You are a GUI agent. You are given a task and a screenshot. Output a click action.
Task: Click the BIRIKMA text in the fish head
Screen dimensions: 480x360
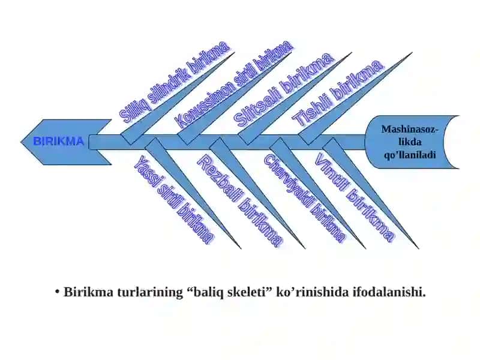58,142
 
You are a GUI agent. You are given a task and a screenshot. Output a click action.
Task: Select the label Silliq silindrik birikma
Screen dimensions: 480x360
174,82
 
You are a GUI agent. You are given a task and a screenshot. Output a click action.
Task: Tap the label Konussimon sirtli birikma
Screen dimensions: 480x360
235,84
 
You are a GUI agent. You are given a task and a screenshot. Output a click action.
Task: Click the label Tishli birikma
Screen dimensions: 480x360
337,93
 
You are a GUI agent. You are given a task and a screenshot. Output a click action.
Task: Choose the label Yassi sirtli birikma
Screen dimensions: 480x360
174,200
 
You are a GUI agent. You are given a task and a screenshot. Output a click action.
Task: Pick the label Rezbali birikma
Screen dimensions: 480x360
240,200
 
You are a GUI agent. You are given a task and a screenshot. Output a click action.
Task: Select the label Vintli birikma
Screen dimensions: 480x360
355,198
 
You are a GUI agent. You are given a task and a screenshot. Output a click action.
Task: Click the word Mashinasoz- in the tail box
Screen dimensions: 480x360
410,129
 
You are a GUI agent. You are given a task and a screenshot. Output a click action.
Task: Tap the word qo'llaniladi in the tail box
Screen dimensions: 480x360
410,155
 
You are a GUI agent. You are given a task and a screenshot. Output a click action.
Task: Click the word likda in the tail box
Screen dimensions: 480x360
410,142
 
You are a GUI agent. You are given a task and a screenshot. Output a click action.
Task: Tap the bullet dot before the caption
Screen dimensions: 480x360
57,292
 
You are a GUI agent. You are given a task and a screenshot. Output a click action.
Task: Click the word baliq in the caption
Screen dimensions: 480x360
208,292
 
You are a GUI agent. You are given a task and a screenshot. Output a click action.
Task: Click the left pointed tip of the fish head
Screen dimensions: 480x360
21,142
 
